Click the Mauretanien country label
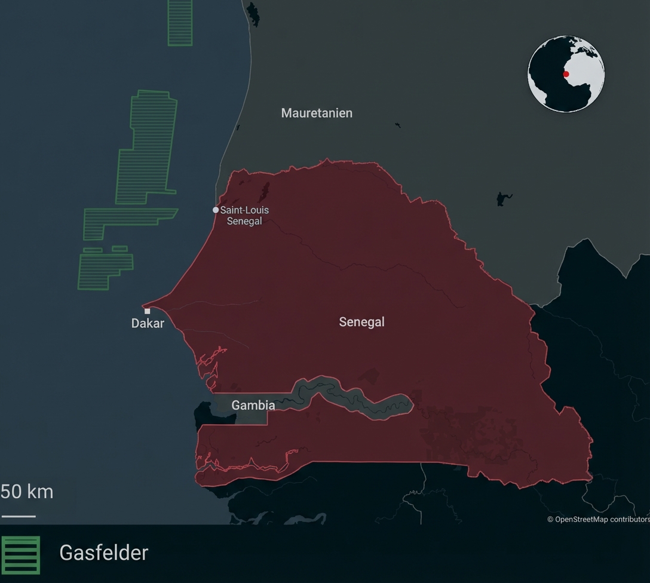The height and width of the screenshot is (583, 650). click(317, 113)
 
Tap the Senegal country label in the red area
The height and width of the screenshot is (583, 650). click(361, 322)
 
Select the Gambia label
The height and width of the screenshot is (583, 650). click(253, 405)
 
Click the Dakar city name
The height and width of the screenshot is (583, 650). click(148, 323)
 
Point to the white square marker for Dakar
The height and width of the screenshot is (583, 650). click(148, 311)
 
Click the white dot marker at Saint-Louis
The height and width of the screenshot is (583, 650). click(216, 210)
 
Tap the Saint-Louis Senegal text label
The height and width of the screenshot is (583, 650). click(244, 216)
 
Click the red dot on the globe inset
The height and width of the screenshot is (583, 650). click(566, 75)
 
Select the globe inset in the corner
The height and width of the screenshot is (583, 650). click(566, 74)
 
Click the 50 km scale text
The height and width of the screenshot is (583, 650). click(27, 492)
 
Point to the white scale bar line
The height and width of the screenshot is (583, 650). click(19, 516)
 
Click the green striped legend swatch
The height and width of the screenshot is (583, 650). click(21, 555)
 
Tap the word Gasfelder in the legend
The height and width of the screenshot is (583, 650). click(103, 553)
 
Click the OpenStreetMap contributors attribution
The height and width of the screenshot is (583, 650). click(598, 519)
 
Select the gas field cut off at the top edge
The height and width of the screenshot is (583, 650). click(180, 23)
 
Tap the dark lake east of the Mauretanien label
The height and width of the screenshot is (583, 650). click(504, 199)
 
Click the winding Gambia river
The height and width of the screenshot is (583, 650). click(352, 397)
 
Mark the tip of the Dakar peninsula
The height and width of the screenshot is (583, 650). click(144, 305)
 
